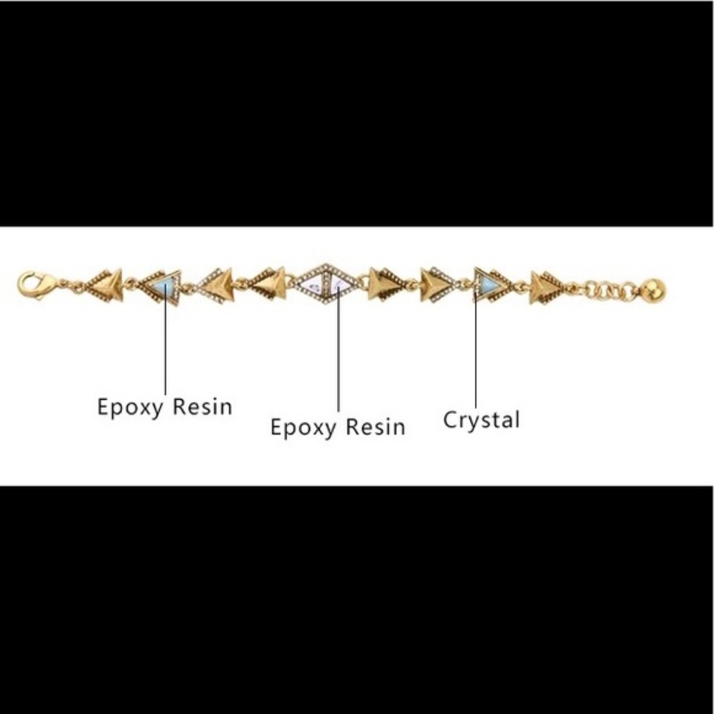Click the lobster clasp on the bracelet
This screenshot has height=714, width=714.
[33, 285]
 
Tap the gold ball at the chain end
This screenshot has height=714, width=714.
[654, 290]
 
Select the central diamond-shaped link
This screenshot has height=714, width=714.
[326, 284]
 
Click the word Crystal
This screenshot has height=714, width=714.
[481, 421]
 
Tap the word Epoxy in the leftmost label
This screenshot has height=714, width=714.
[130, 407]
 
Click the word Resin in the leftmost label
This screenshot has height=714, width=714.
[203, 406]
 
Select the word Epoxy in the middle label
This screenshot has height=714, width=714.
[303, 428]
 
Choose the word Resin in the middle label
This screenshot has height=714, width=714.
[376, 427]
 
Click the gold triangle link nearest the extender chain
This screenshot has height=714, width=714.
[547, 288]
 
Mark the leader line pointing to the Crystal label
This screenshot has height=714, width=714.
[476, 350]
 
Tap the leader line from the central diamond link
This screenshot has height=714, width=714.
[338, 349]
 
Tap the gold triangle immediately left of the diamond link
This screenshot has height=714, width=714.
[268, 284]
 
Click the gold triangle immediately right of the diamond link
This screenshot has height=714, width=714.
[385, 284]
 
